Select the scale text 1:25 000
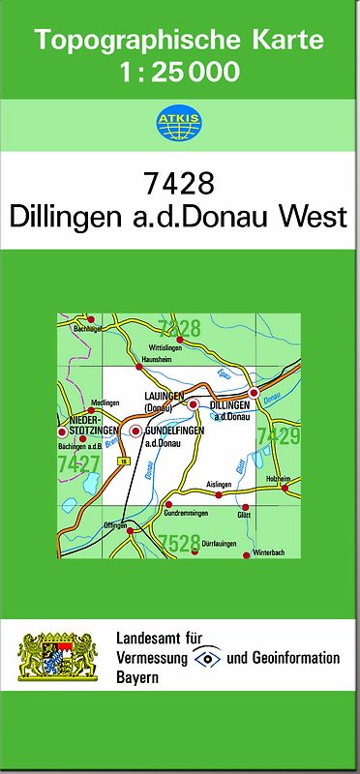pyautogui.click(x=180, y=71)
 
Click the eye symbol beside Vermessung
pyautogui.click(x=206, y=658)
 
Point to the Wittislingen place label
pyautogui.click(x=165, y=346)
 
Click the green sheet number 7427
pyautogui.click(x=78, y=465)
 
